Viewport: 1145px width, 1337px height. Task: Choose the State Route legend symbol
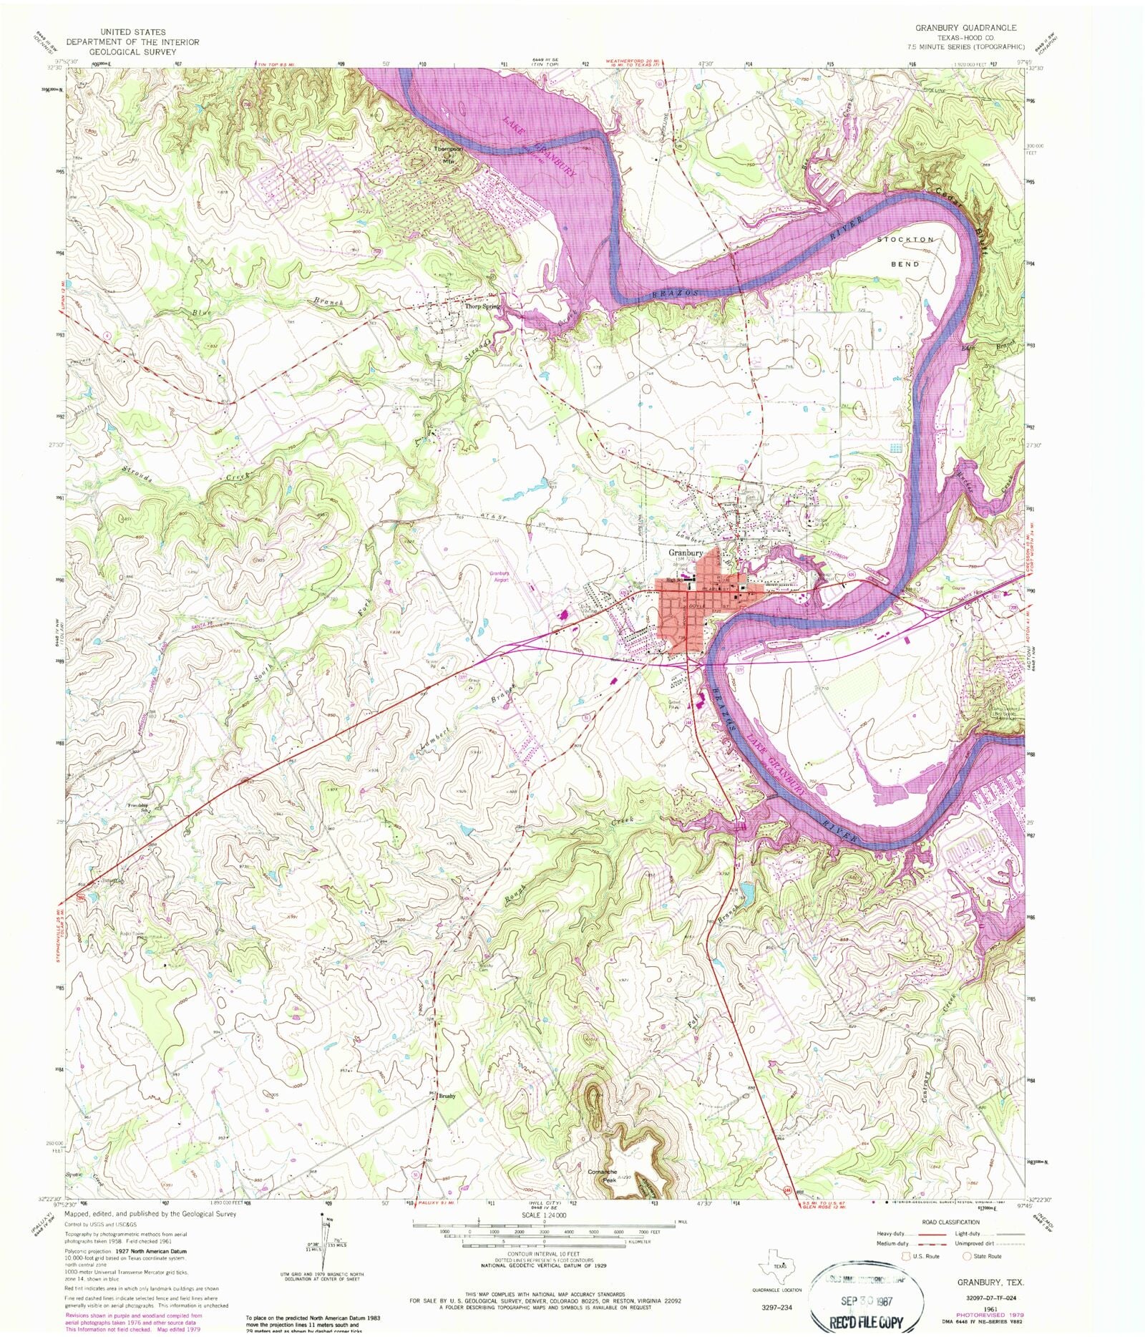click(x=968, y=1256)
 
